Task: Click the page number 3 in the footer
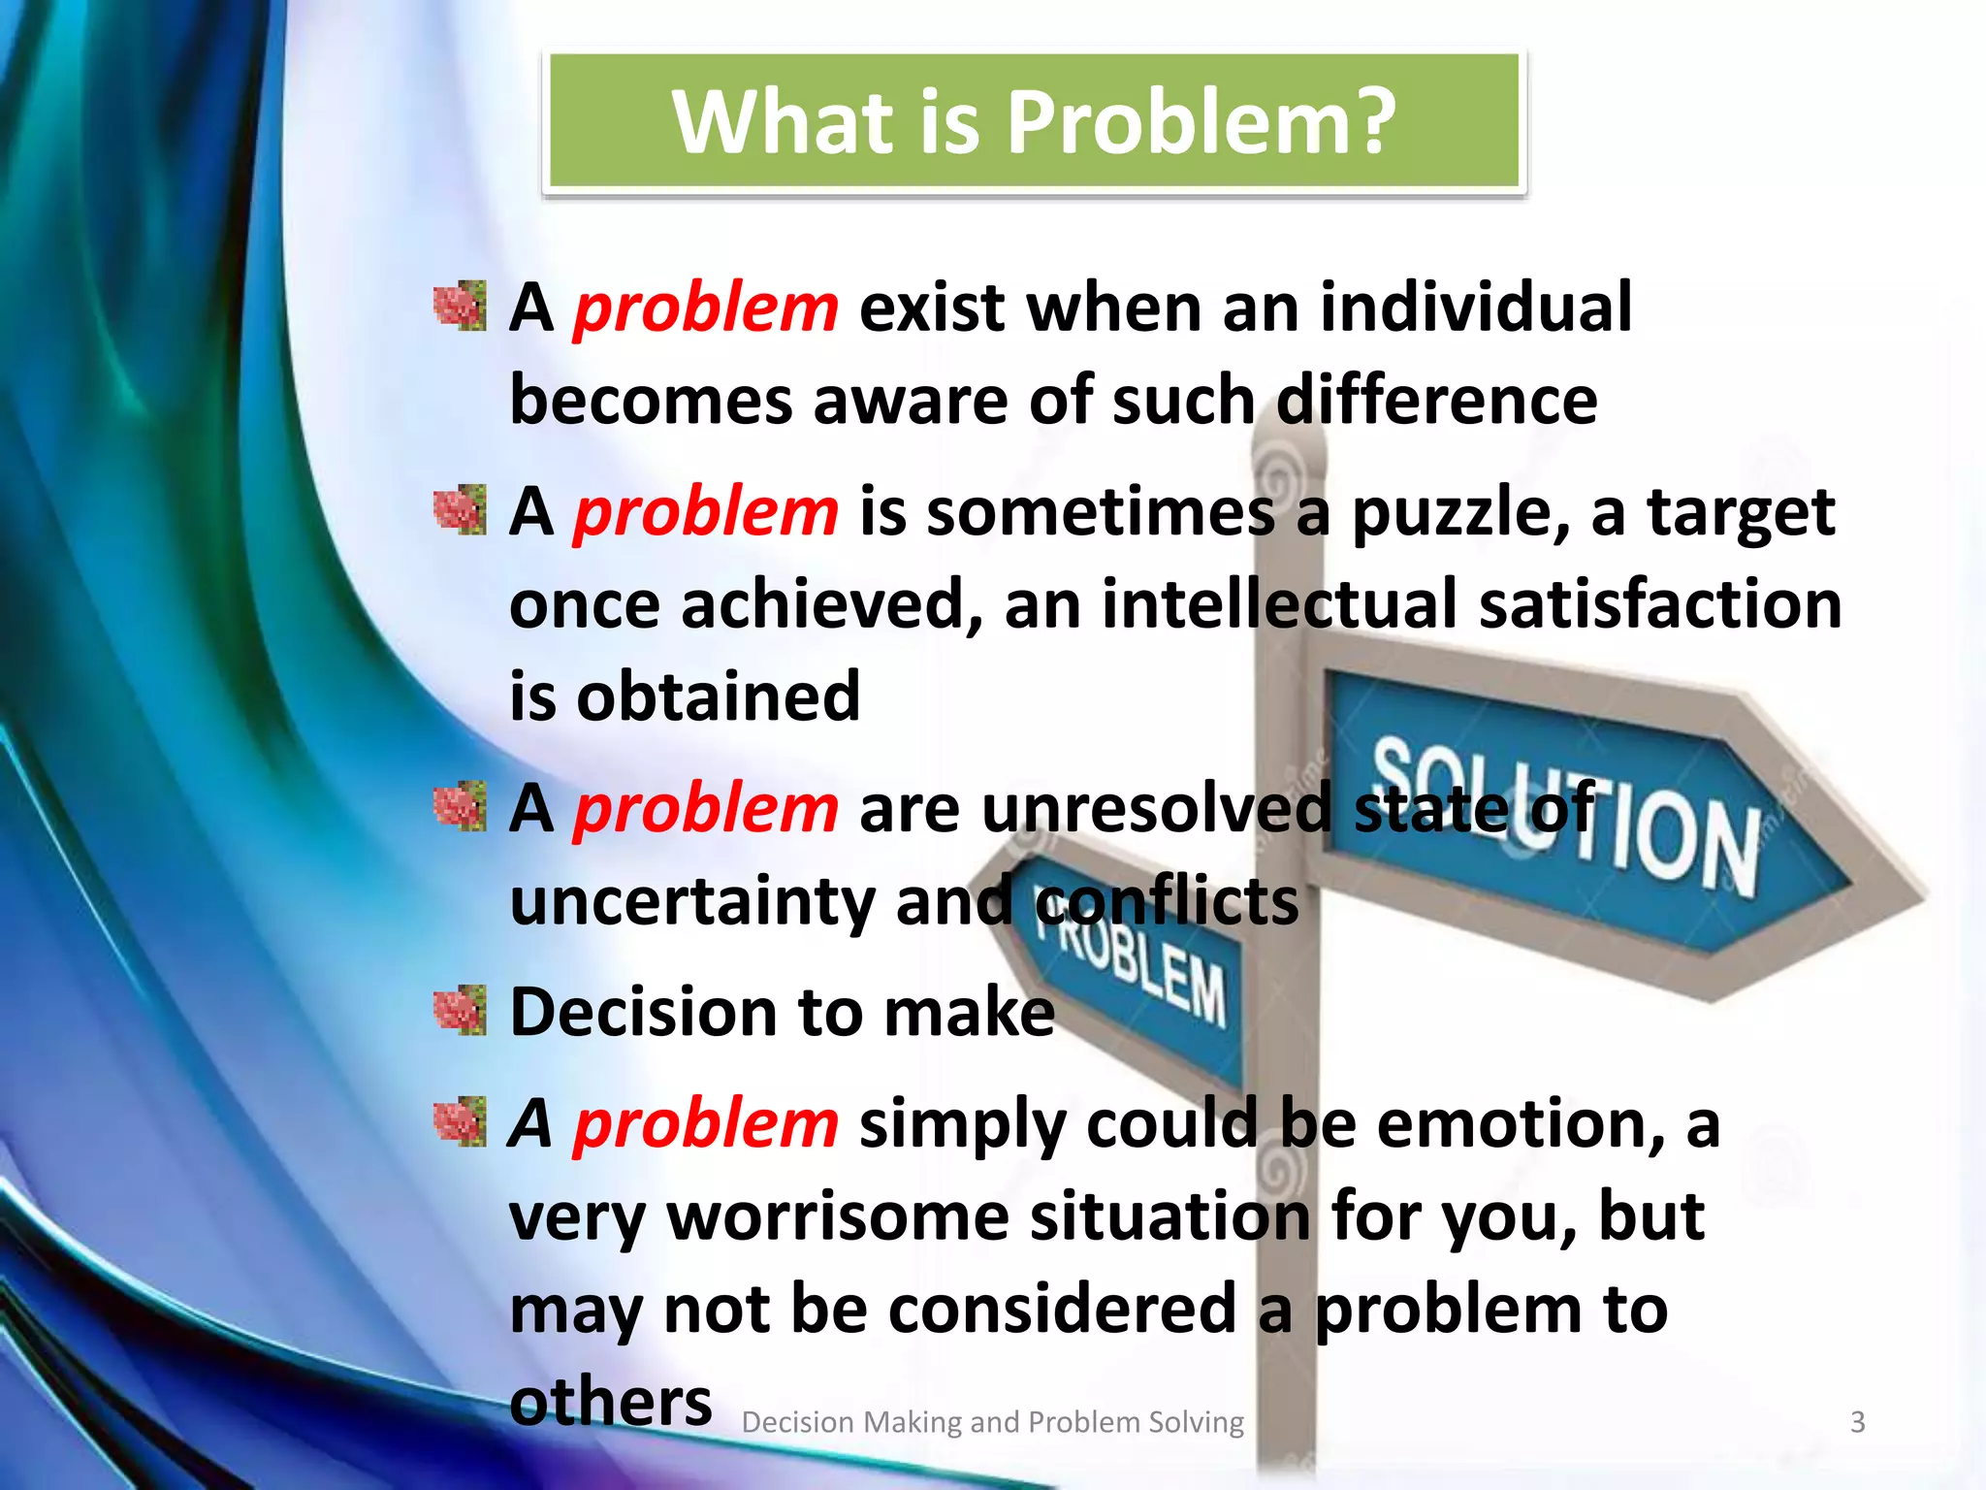point(1857,1422)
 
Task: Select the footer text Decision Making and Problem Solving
point(992,1422)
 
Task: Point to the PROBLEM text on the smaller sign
point(1135,970)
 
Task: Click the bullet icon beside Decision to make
point(460,1011)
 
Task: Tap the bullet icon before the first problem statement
point(460,307)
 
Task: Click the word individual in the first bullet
point(1476,308)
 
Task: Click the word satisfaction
point(1659,603)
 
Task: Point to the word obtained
point(718,696)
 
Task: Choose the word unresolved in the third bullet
point(1156,808)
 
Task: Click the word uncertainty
point(692,902)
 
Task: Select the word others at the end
point(611,1402)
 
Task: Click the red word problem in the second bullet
point(706,512)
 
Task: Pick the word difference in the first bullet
point(1436,400)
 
